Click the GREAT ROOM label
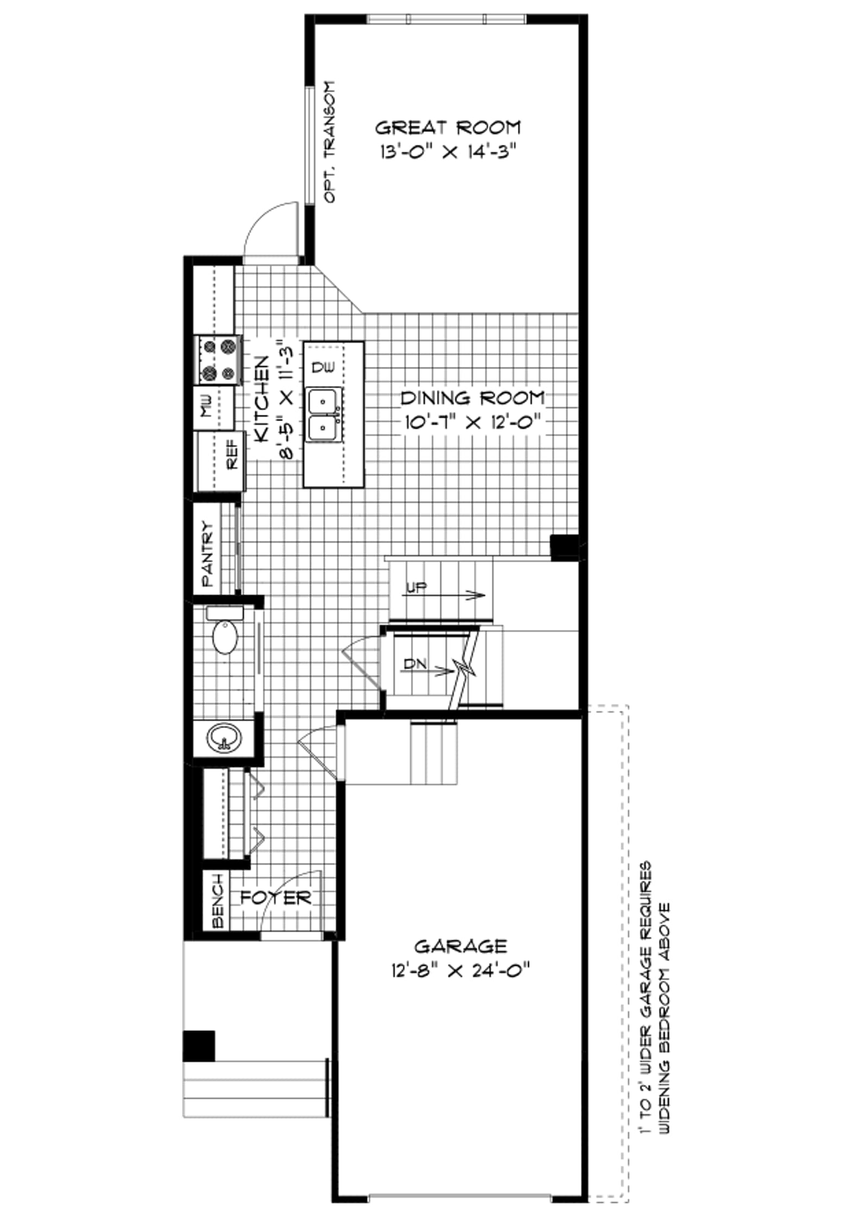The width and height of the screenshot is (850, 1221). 448,128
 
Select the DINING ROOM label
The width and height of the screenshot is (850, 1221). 472,398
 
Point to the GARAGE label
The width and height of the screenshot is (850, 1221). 460,946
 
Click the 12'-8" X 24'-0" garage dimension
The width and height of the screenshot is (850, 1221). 459,970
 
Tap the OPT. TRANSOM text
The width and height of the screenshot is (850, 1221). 329,142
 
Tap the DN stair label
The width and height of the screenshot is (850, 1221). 415,663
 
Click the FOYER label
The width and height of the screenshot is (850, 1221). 276,898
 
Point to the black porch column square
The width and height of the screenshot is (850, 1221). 199,1046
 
